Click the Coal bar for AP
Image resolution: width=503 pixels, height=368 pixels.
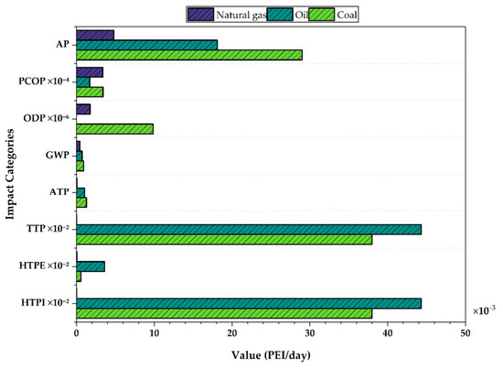click(189, 55)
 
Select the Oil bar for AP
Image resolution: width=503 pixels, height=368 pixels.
click(147, 45)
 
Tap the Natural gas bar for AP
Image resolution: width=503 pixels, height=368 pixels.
click(95, 36)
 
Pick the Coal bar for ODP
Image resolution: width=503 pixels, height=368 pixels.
click(115, 129)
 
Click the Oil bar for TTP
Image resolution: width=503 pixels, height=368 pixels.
click(249, 229)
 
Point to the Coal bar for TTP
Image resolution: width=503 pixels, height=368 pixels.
click(224, 240)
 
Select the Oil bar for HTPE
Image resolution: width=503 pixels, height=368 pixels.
click(91, 266)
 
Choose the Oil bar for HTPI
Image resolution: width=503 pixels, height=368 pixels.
click(249, 303)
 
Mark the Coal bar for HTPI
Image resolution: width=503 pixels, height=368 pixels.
click(224, 313)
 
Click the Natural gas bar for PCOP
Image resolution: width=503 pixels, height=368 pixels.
click(90, 72)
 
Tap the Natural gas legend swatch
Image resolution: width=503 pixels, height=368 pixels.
click(201, 15)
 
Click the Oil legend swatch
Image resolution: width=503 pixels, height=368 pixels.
click(280, 15)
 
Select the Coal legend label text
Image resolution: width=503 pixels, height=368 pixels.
click(347, 15)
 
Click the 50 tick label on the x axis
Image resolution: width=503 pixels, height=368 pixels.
click(466, 333)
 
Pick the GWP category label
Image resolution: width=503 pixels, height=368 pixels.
click(58, 155)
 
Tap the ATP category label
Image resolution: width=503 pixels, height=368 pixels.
click(59, 192)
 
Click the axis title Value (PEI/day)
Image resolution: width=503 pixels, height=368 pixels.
click(271, 355)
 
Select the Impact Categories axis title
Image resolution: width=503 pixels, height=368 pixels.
click(10, 174)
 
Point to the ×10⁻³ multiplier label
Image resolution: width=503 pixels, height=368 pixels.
click(484, 310)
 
